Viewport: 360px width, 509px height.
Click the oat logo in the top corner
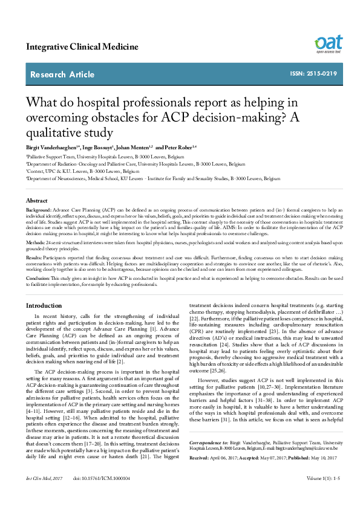tap(327, 44)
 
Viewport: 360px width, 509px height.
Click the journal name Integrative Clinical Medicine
tap(82, 47)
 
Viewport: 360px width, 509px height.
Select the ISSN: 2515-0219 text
tap(313, 74)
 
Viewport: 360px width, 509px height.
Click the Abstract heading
tap(37, 199)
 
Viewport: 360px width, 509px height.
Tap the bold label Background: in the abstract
tap(39, 209)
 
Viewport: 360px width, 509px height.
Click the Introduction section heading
tap(48, 306)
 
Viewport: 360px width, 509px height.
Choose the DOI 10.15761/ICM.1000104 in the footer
tap(102, 495)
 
